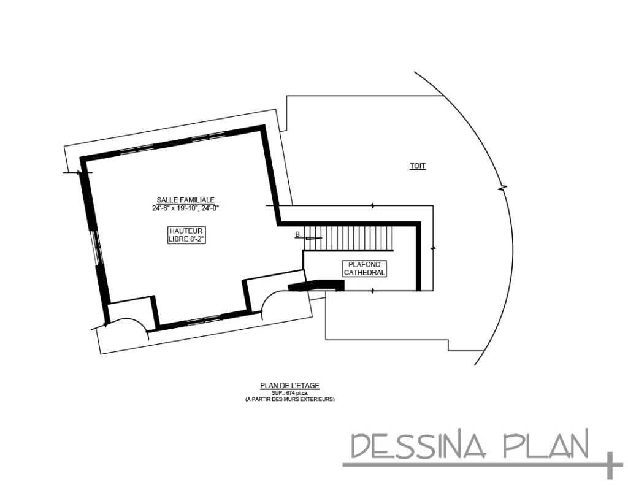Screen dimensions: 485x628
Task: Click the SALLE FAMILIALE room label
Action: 185,200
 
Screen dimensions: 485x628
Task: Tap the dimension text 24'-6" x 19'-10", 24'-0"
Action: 185,208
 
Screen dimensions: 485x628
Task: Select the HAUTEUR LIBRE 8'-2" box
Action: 185,235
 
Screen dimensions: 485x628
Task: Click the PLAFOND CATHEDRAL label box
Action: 364,269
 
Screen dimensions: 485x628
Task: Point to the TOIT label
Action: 418,166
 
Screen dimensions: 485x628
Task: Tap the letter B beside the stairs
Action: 297,234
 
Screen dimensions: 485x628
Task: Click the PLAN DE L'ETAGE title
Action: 289,386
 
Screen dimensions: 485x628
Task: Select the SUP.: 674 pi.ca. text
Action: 289,392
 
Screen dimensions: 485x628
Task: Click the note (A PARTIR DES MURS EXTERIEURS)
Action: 289,399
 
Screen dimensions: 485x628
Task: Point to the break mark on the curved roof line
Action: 504,186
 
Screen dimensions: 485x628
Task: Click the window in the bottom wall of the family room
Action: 204,320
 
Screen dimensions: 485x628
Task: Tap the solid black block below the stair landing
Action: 316,285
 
